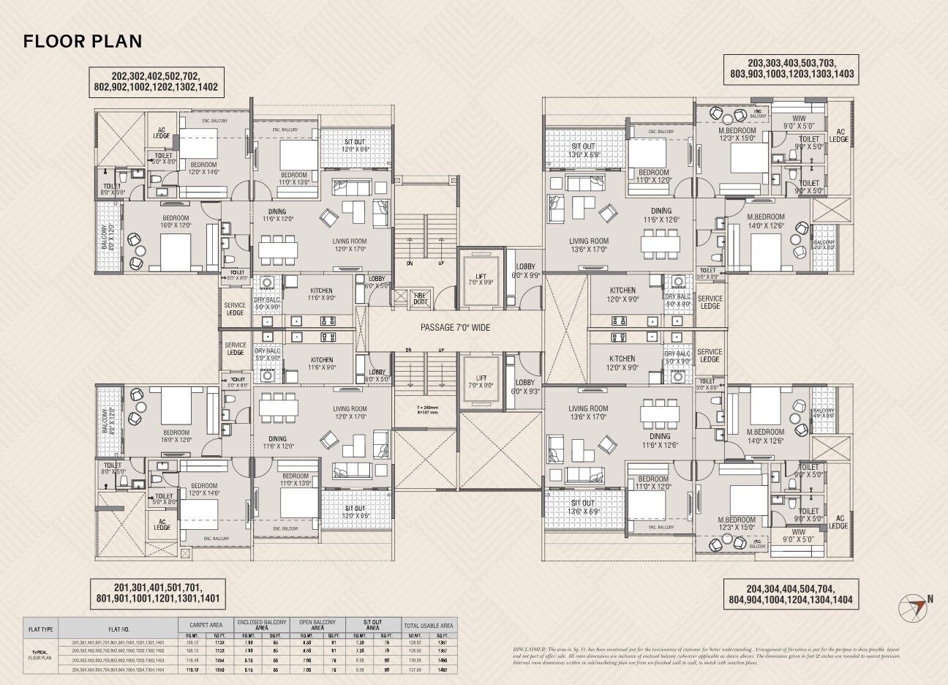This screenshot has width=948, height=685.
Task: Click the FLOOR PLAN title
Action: (82, 41)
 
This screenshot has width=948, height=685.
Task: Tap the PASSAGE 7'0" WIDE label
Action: (454, 328)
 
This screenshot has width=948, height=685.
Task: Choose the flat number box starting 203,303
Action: (791, 68)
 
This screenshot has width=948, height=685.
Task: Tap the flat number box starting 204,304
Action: (789, 594)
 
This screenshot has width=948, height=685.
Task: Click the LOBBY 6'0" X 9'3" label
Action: (525, 387)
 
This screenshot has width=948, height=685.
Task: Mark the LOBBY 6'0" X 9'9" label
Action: (526, 271)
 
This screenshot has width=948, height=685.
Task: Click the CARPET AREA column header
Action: (206, 624)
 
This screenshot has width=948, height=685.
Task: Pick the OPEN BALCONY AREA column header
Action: (317, 624)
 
